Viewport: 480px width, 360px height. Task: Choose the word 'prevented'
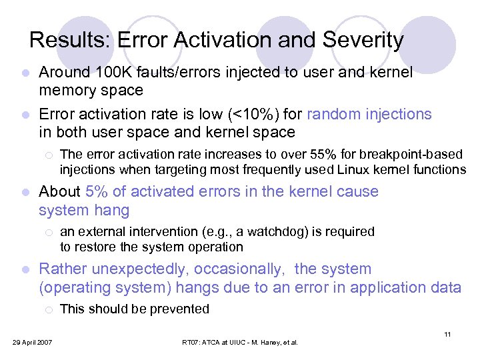tap(181, 309)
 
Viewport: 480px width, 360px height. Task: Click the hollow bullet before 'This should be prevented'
tap(49, 309)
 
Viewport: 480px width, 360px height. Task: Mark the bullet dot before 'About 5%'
tap(25, 193)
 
